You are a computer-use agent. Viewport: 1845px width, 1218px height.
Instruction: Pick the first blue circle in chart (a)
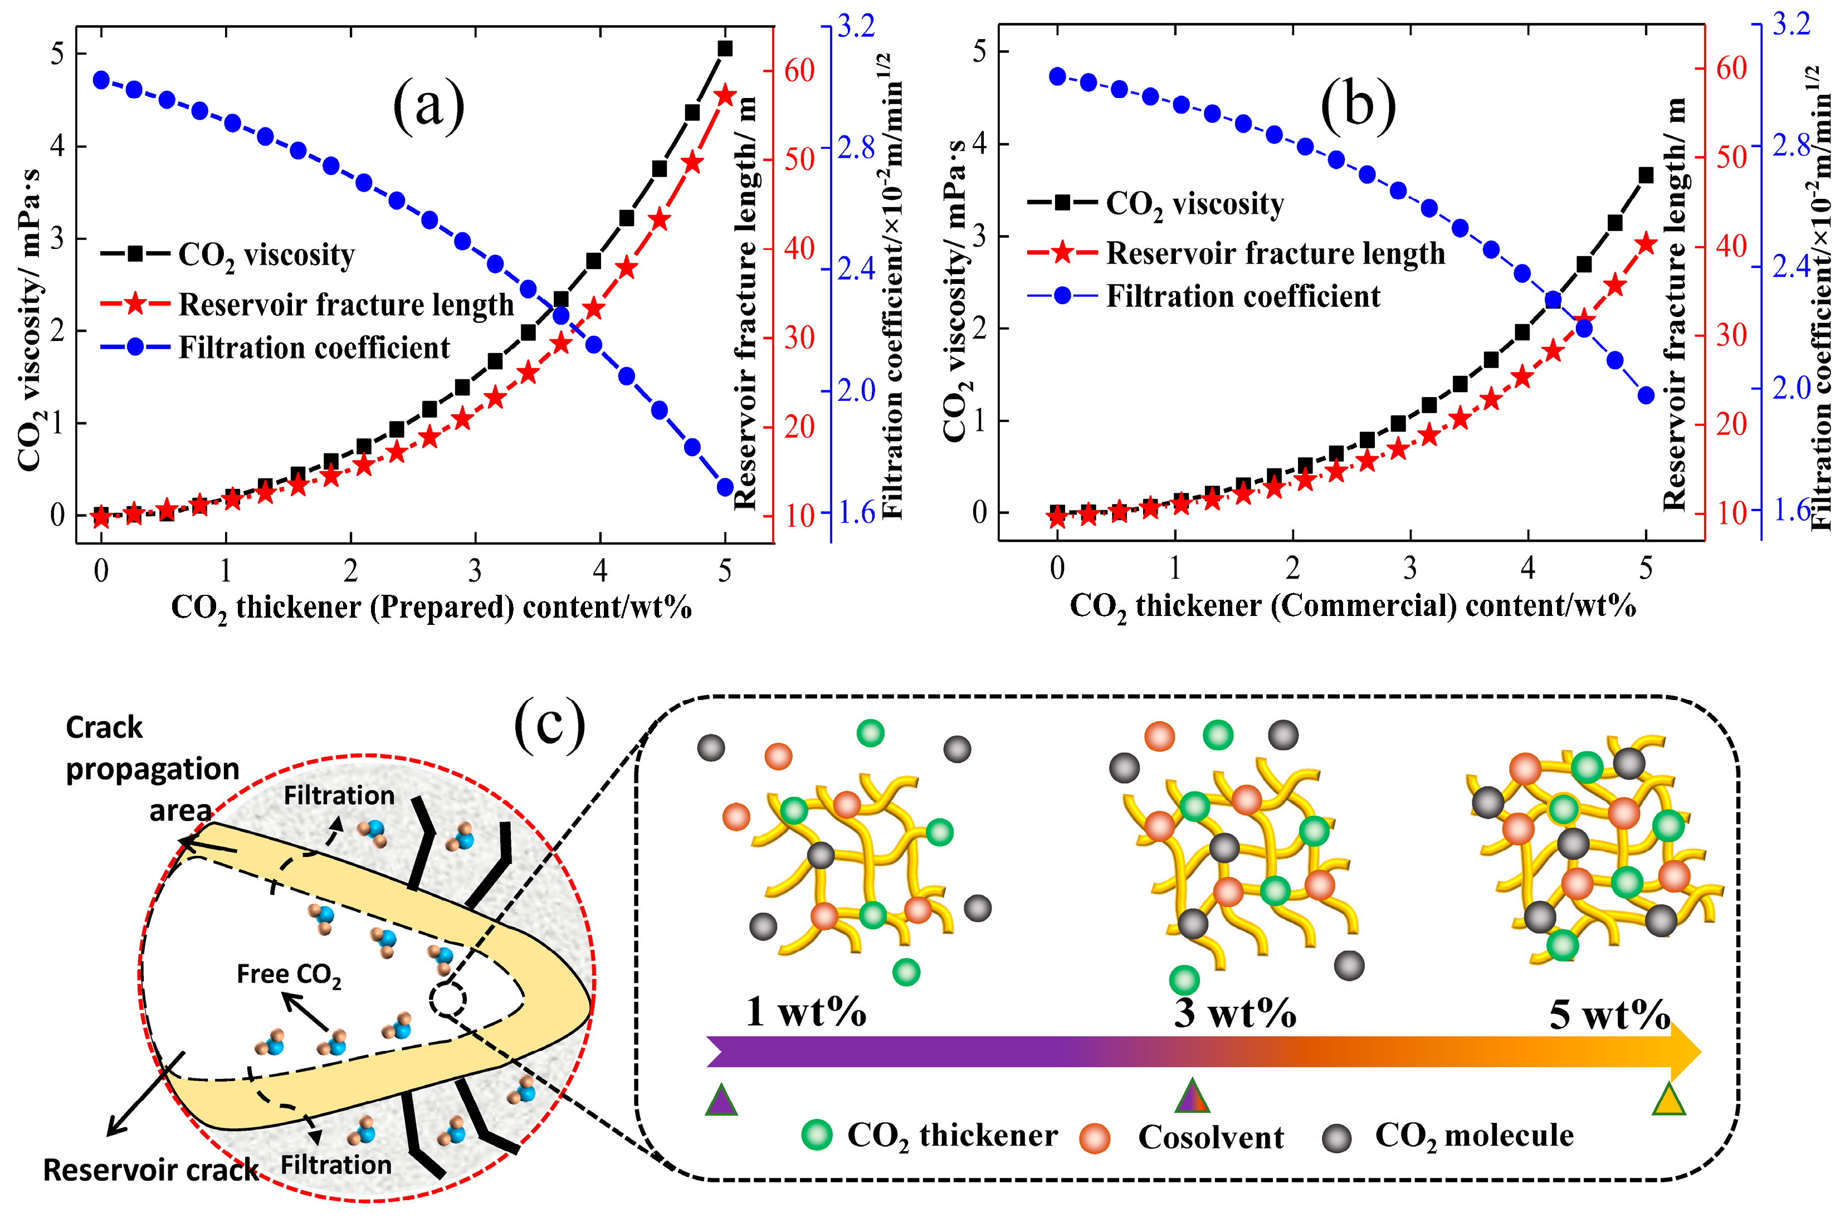click(x=101, y=80)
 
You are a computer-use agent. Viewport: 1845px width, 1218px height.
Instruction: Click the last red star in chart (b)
click(x=1646, y=244)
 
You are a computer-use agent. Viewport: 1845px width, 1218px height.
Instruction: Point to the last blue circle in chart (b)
click(x=1646, y=395)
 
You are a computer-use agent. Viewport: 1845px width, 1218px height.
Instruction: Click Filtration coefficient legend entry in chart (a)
click(x=314, y=347)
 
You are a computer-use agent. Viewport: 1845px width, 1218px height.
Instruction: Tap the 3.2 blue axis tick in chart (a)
click(x=856, y=26)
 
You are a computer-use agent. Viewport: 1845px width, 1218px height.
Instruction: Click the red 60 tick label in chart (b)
click(x=1731, y=69)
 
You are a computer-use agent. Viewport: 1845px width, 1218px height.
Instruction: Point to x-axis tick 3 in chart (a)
click(x=475, y=572)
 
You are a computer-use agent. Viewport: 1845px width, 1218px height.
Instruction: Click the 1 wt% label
click(x=806, y=1012)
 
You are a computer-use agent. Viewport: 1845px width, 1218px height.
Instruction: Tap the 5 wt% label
click(x=1609, y=1015)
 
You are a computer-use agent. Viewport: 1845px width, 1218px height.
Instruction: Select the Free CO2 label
click(x=288, y=974)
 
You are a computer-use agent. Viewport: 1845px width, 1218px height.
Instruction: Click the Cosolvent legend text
click(x=1211, y=1137)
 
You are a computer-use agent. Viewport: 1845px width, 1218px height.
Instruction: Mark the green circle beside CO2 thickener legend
click(x=817, y=1135)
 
